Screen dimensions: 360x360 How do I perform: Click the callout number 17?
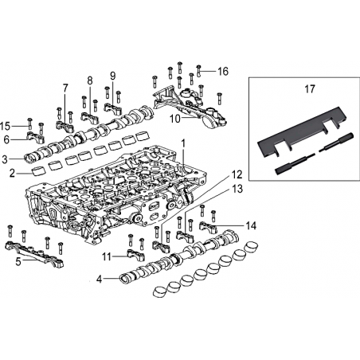310,89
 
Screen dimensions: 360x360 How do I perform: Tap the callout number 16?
223,71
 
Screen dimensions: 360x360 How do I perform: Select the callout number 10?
175,119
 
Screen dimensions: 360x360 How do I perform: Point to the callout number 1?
182,143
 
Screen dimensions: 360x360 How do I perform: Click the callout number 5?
18,261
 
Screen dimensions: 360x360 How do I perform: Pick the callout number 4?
99,279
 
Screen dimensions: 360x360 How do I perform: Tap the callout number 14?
251,225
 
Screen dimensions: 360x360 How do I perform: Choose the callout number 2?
12,174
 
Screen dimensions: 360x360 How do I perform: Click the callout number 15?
5,126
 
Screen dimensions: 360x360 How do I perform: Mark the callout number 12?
237,175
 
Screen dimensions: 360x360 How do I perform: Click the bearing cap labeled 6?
35,137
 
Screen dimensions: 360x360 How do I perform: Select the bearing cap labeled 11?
136,255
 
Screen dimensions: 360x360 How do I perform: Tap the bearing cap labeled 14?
208,225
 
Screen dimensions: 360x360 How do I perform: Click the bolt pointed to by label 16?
198,70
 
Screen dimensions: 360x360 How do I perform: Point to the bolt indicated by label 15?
29,124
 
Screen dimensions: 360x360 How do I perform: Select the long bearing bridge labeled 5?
34,253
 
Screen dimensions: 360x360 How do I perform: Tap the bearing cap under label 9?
113,108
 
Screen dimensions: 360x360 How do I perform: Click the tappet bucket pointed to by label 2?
38,171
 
